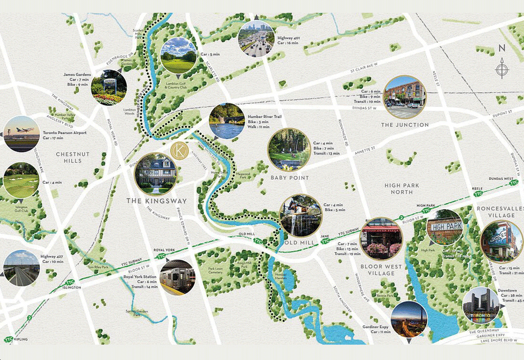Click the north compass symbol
click(503, 67)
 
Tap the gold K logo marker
click(179, 151)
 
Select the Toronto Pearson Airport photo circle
click(21, 134)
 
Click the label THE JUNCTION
click(405, 125)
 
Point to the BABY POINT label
click(290, 177)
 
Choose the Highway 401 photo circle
click(256, 38)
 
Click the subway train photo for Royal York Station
click(177, 277)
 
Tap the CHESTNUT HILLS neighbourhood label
click(72, 157)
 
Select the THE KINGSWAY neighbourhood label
click(157, 201)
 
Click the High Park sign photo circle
click(444, 227)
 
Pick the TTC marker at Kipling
click(9, 339)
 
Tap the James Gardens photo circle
click(108, 87)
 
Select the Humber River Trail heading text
click(265, 117)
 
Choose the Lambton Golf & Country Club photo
click(179, 55)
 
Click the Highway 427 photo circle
click(21, 268)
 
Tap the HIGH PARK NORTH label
click(402, 189)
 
